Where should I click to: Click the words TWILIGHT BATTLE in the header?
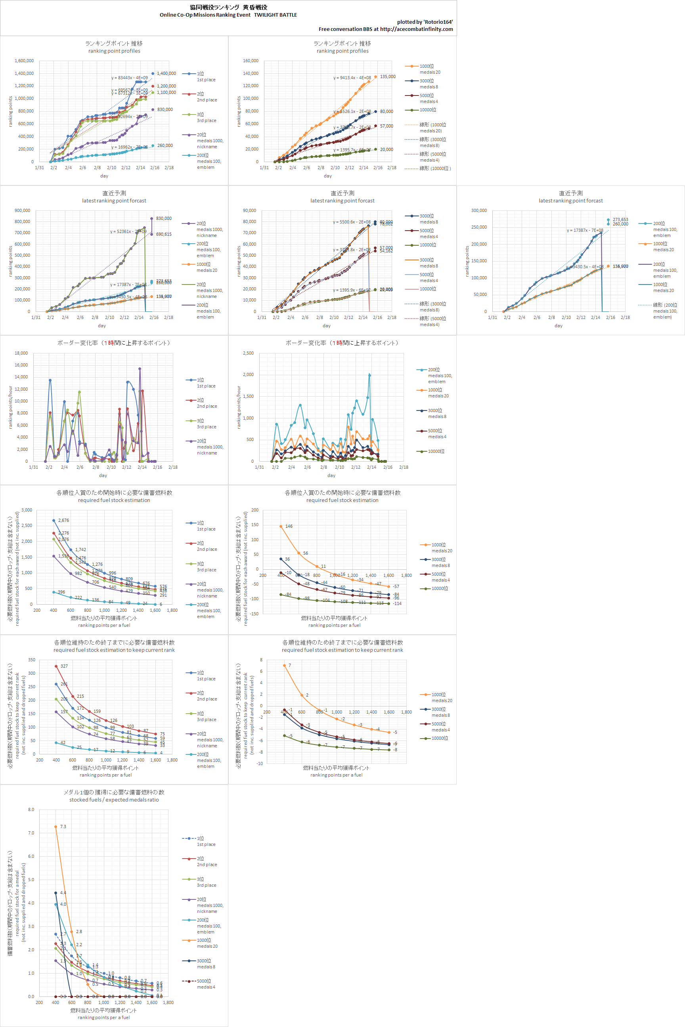pyautogui.click(x=275, y=15)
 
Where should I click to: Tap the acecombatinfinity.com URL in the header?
pyautogui.click(x=416, y=29)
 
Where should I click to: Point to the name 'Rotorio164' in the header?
pyautogui.click(x=438, y=22)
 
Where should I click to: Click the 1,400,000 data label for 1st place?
pyautogui.click(x=166, y=73)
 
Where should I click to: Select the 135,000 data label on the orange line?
pyautogui.click(x=388, y=76)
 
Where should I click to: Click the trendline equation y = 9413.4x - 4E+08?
pyautogui.click(x=352, y=78)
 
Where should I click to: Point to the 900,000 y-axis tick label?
pyautogui.click(x=22, y=210)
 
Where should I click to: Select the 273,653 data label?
pyautogui.click(x=620, y=220)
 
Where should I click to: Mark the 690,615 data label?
pyautogui.click(x=164, y=235)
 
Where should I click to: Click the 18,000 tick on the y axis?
pyautogui.click(x=21, y=353)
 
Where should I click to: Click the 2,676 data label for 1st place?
pyautogui.click(x=63, y=521)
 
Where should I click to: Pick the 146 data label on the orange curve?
pyautogui.click(x=289, y=526)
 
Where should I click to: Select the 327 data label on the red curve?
pyautogui.click(x=64, y=666)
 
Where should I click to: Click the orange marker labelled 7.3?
pyautogui.click(x=55, y=827)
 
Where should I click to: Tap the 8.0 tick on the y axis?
pyautogui.click(x=31, y=809)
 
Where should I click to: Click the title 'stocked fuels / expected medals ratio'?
pyautogui.click(x=114, y=800)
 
